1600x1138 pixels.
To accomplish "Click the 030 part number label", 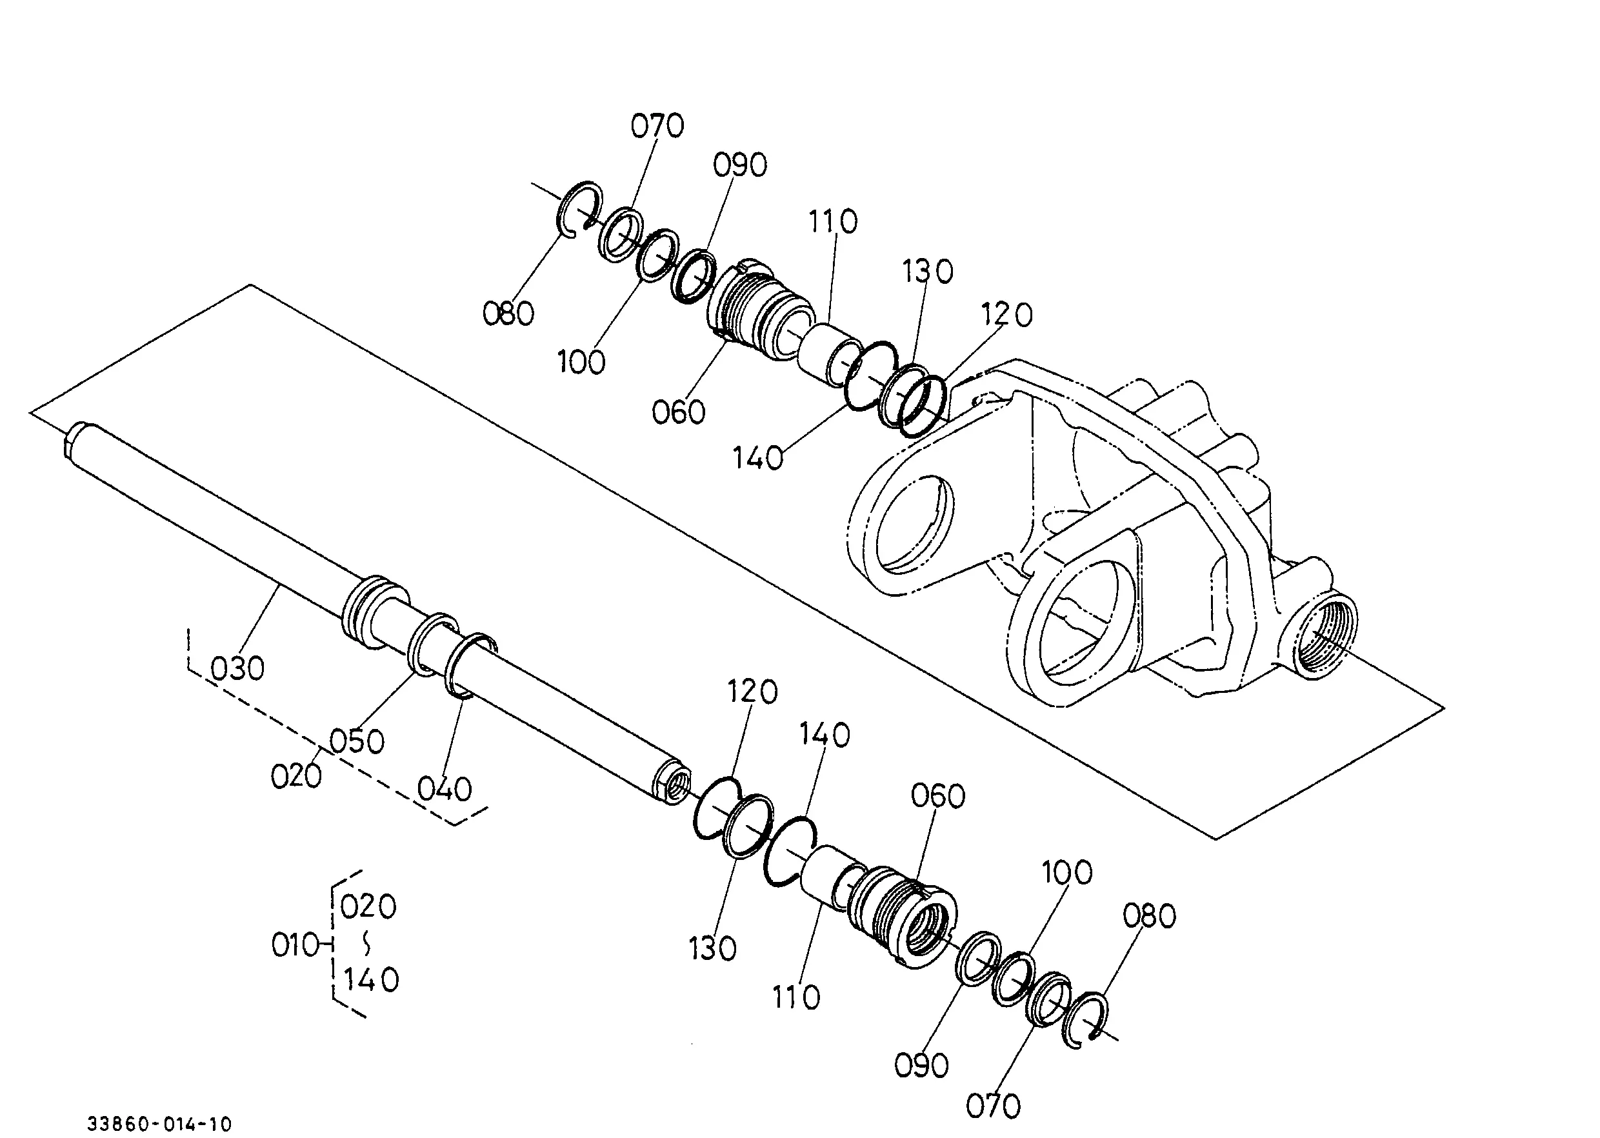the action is coord(237,668).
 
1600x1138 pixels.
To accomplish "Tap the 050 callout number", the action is coord(357,741).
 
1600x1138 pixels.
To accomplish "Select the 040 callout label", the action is coord(445,790).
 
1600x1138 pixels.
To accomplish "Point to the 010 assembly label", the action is coord(295,945).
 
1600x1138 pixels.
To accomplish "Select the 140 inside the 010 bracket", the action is coord(371,980).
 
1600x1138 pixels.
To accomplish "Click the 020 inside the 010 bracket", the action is coord(368,908).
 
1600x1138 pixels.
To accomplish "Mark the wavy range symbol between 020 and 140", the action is coord(366,943).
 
